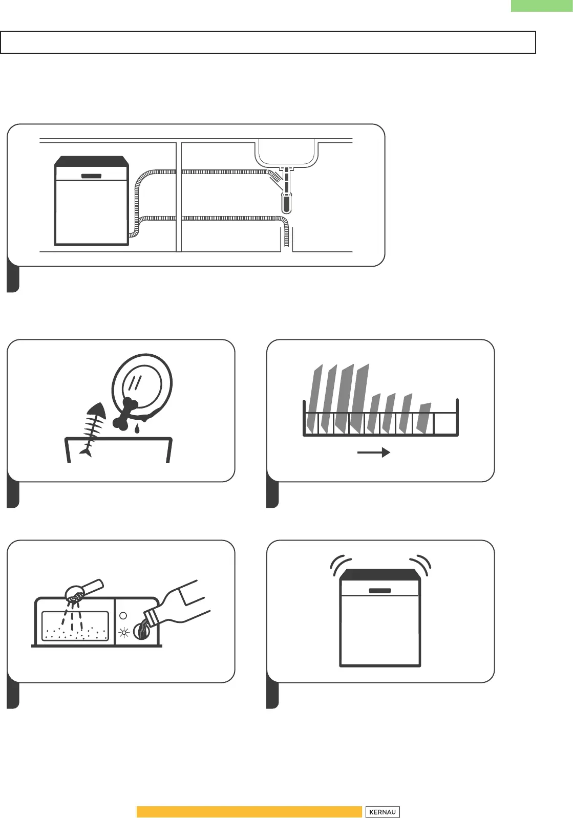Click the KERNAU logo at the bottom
click(382, 812)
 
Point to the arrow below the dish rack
click(373, 453)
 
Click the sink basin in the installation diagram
click(286, 153)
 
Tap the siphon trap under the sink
click(287, 202)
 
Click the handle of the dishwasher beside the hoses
click(91, 176)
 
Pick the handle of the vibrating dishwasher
click(380, 591)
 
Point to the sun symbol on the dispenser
click(123, 633)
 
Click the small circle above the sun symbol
click(123, 616)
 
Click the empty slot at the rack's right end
click(445, 423)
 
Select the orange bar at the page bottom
click(249, 812)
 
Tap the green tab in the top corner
click(541, 5)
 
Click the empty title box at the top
click(268, 42)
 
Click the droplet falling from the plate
click(137, 429)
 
